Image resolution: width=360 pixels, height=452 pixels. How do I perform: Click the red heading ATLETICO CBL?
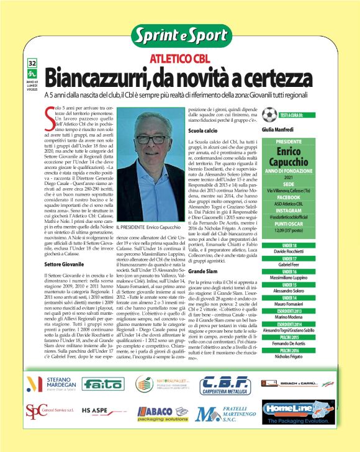pyautogui.click(x=179, y=60)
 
